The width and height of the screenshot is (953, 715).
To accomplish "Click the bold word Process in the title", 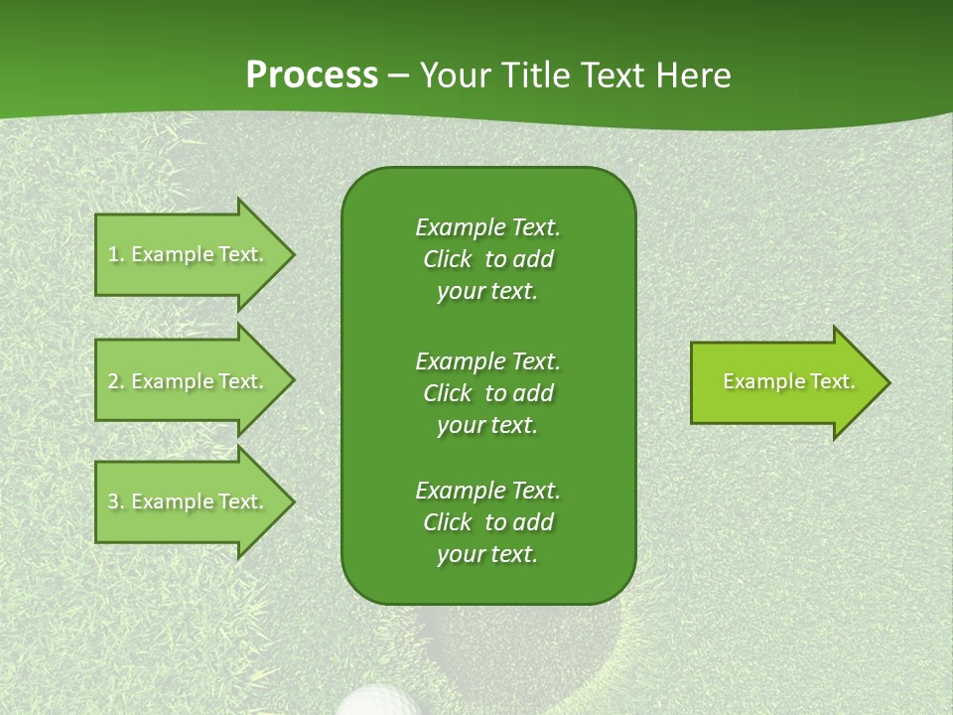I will point(312,75).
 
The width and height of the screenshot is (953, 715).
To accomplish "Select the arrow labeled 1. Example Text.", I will point(189,254).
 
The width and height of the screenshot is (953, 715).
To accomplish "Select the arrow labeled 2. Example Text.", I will point(189,381).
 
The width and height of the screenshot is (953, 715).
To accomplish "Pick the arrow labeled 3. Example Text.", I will point(189,501).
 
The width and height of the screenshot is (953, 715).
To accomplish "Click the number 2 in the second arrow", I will point(113,381).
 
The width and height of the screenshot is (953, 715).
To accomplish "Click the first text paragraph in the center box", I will point(487,259).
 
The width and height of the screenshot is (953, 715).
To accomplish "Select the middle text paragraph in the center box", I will point(487,393).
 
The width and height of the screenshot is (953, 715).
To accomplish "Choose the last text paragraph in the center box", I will point(487,522).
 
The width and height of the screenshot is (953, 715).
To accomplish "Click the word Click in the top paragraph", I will point(448,260).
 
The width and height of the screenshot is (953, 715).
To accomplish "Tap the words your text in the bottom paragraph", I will point(487,555).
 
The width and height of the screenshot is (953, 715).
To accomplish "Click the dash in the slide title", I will point(399,76).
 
